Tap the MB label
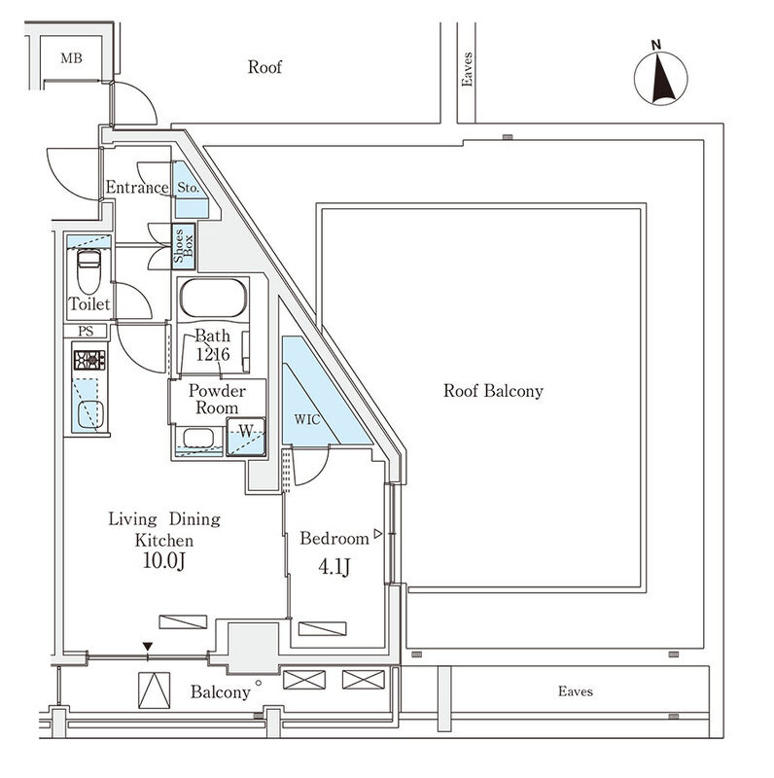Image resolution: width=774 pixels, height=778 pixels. (x=71, y=59)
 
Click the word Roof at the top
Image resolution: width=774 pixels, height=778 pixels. (x=264, y=67)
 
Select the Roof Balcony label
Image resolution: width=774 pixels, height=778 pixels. (x=493, y=392)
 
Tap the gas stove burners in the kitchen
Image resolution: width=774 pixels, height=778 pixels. (x=88, y=360)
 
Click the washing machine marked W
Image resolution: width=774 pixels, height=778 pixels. (x=245, y=436)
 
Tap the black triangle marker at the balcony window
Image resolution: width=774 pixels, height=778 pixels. (x=148, y=646)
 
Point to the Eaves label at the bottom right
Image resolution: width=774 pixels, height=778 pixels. (x=576, y=691)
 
